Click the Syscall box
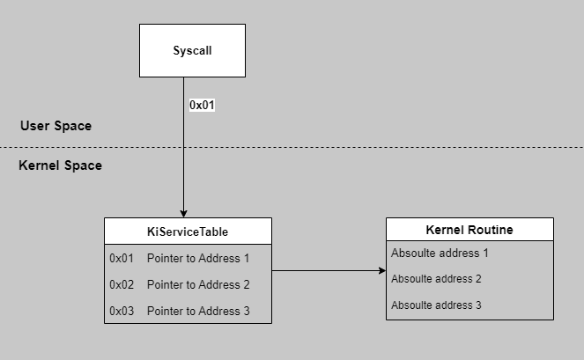pyautogui.click(x=192, y=51)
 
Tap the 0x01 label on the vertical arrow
pyautogui.click(x=202, y=105)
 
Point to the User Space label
pyautogui.click(x=55, y=126)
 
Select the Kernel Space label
pyautogui.click(x=60, y=165)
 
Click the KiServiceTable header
pyautogui.click(x=188, y=231)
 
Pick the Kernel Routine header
pyautogui.click(x=469, y=230)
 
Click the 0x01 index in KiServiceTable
pyautogui.click(x=122, y=259)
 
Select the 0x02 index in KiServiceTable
pyautogui.click(x=122, y=285)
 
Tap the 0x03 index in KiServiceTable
pyautogui.click(x=122, y=312)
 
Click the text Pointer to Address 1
pyautogui.click(x=198, y=259)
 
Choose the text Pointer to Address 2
pyautogui.click(x=198, y=285)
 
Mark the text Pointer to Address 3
pyautogui.click(x=198, y=312)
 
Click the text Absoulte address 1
pyautogui.click(x=440, y=253)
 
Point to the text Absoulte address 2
pyautogui.click(x=436, y=279)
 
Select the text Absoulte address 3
pyautogui.click(x=436, y=305)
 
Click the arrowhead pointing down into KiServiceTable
pyautogui.click(x=183, y=214)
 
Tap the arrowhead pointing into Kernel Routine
pyautogui.click(x=382, y=270)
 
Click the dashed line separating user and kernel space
pyautogui.click(x=292, y=147)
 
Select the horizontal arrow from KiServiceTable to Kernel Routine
pyautogui.click(x=329, y=270)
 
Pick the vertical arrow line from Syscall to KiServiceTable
pyautogui.click(x=183, y=147)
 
